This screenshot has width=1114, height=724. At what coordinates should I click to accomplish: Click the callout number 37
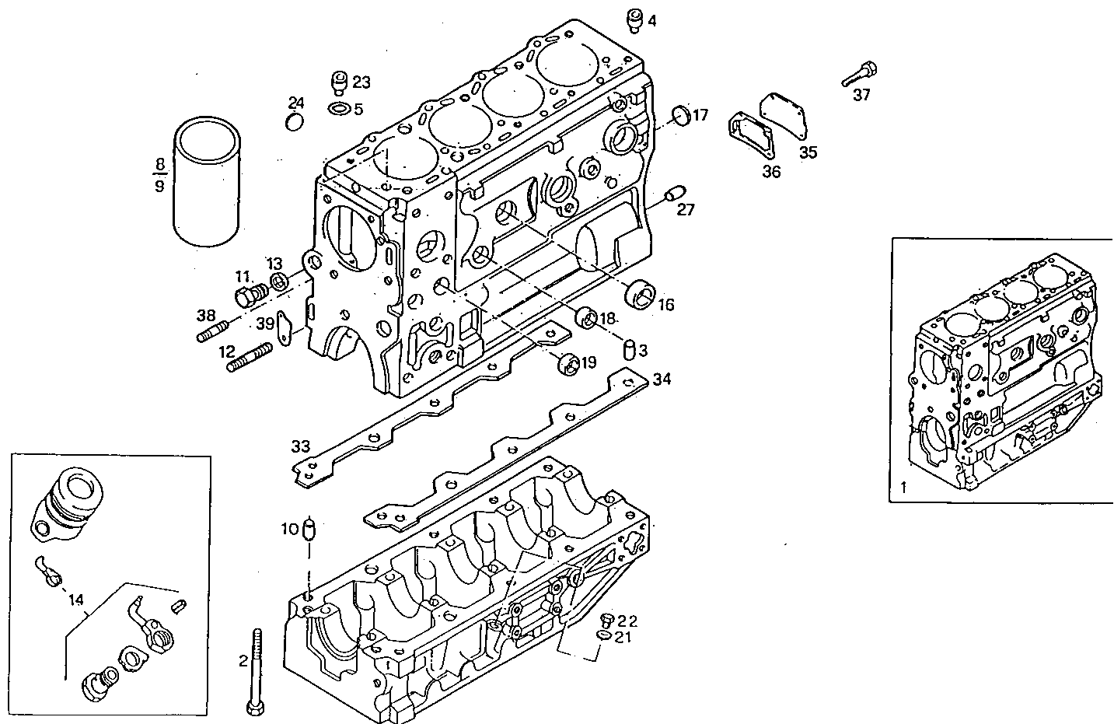coord(861,95)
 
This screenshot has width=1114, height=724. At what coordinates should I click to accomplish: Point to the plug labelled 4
coord(634,20)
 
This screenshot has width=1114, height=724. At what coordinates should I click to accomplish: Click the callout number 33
coord(302,446)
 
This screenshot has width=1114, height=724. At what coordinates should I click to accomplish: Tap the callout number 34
coord(662,379)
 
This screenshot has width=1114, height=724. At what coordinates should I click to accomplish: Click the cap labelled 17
coord(680,114)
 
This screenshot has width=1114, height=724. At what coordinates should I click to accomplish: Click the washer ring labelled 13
coord(278,281)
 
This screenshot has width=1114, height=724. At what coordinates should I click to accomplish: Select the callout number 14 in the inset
coord(76,600)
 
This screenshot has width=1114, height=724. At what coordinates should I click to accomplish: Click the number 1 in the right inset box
coord(903,488)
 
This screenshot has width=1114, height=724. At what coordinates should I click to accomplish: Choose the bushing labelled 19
coord(569,364)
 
